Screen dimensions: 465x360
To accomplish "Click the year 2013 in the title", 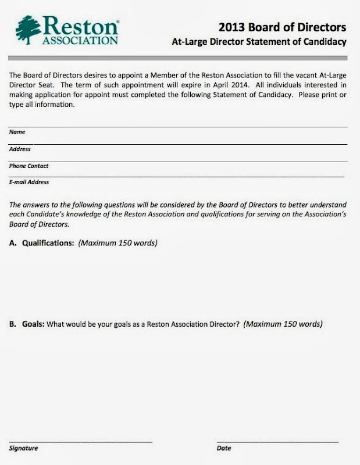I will click(233, 27).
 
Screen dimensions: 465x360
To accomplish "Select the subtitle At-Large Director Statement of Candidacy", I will click(259, 42).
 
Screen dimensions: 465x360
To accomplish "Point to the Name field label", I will click(17, 132).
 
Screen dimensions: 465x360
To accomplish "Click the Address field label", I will click(20, 149).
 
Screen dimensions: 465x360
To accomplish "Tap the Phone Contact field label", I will click(29, 166).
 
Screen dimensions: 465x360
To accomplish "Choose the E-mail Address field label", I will click(29, 182).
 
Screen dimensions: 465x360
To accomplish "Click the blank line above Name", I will click(178, 126).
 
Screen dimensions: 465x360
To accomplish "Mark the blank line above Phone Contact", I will click(178, 160).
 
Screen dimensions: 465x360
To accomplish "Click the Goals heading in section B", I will click(33, 323).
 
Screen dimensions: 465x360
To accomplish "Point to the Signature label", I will click(24, 448).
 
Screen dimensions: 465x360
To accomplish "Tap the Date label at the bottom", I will click(223, 448).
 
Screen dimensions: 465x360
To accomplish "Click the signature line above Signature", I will click(81, 442).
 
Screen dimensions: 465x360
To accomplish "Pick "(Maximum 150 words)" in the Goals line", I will click(283, 323).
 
